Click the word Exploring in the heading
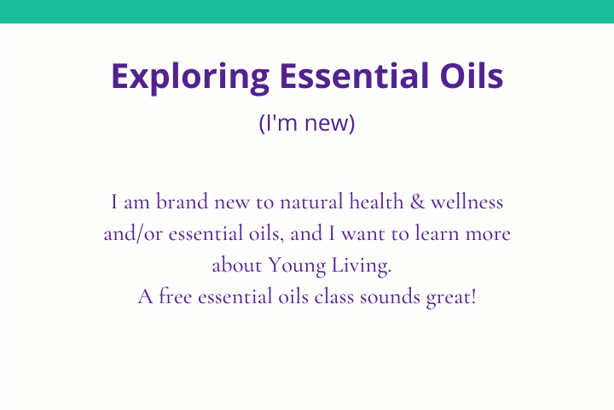click(190, 77)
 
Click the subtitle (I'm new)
click(307, 123)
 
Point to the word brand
click(182, 202)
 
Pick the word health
click(376, 202)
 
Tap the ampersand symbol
click(417, 202)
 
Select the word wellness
click(467, 202)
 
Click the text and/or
click(133, 233)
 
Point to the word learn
click(437, 233)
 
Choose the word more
click(488, 235)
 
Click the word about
click(237, 265)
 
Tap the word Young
click(297, 266)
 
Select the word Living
click(361, 266)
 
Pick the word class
click(334, 296)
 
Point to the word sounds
click(390, 296)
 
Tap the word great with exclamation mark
click(451, 298)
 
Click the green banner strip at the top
click(307, 11)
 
